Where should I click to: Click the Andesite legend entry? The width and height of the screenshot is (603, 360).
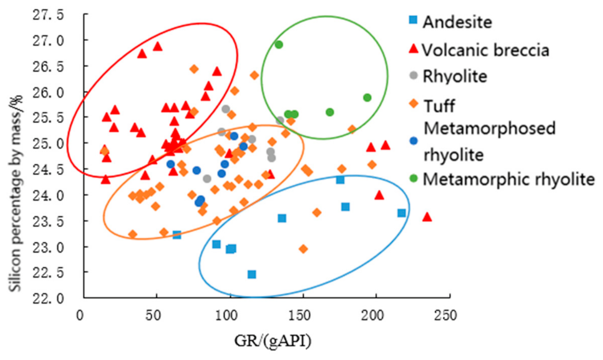coord(451,21)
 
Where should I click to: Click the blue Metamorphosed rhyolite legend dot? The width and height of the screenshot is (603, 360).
coord(414,141)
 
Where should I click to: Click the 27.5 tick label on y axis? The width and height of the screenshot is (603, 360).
coord(48,15)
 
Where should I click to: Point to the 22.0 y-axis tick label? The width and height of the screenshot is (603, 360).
coord(48,298)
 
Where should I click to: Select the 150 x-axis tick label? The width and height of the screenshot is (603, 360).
coord(299,315)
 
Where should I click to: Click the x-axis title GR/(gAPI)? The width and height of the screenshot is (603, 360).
coord(272,341)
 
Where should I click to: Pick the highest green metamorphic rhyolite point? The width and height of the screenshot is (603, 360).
coord(279,45)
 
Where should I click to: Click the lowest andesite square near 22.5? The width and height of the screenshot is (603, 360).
coord(252,275)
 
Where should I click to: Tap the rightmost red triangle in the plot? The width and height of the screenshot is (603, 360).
coord(427,217)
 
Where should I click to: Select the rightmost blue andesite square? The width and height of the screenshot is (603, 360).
coord(401,213)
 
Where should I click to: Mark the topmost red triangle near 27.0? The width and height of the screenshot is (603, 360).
coord(158,47)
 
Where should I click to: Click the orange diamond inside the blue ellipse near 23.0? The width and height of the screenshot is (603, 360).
coord(303,249)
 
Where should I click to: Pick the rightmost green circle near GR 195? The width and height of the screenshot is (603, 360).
coord(367,98)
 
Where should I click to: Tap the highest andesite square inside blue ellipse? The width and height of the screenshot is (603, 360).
coord(340,180)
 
